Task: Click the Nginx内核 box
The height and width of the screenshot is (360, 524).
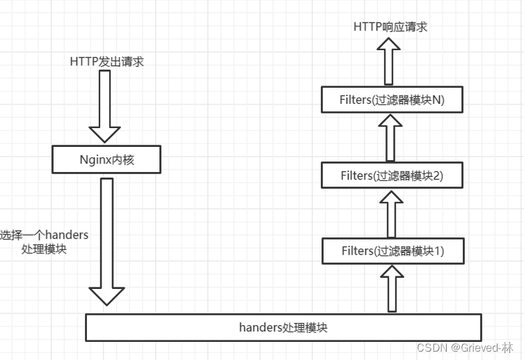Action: tap(106, 159)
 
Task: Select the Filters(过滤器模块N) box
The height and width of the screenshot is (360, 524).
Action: tap(392, 100)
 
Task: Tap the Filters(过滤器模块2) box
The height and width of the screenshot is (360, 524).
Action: tap(392, 175)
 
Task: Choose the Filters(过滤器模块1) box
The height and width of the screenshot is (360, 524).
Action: tap(392, 251)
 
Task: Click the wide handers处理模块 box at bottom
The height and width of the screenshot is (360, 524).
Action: tap(283, 327)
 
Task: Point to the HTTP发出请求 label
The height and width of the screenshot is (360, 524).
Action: tap(106, 61)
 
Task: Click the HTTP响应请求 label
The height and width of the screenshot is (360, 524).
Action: tap(390, 26)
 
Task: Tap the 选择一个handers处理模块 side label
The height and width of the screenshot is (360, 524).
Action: tap(45, 242)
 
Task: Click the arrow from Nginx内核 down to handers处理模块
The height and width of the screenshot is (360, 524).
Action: tap(106, 237)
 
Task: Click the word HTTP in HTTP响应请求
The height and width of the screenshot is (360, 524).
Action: tap(367, 26)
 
